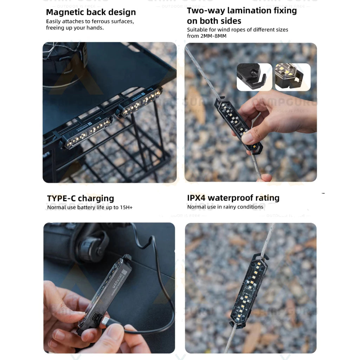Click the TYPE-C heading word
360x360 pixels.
click(61, 198)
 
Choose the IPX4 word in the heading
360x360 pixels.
click(196, 198)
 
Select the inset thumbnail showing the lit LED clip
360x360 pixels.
click(292, 77)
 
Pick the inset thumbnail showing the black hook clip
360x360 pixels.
click(254, 77)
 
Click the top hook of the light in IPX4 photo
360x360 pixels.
click(262, 255)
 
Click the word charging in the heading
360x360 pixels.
click(96, 198)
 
